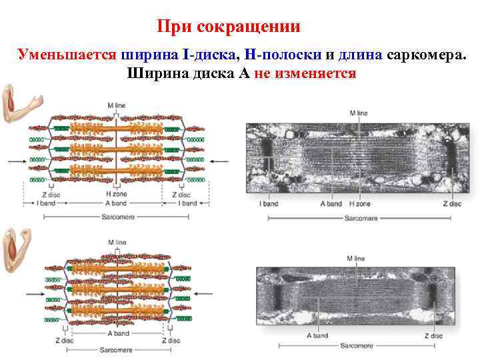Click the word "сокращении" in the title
pos(258,27)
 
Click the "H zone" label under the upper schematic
pos(116,193)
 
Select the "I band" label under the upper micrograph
pos(268,203)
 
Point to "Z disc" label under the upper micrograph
pos(451,203)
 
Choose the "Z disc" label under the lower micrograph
pos(433,336)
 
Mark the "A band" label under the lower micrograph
pos(317,336)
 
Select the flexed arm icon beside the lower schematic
pos(16,249)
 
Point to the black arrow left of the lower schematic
pos(33,294)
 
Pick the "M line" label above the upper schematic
pos(116,105)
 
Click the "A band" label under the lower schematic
pos(117,333)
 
